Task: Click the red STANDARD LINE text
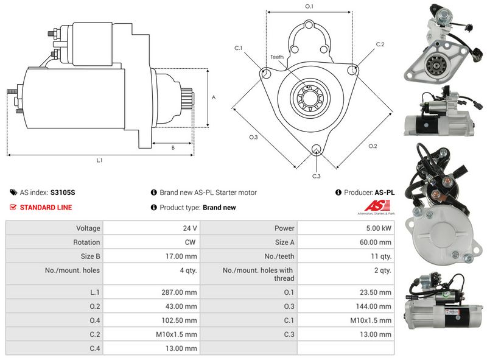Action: coord(46,208)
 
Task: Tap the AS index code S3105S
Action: coord(63,192)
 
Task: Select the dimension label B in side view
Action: coord(173,148)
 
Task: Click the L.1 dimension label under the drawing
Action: coord(99,161)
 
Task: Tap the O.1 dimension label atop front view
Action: coord(309,7)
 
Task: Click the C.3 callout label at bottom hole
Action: coord(316,176)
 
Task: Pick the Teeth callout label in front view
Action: coord(277,57)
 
